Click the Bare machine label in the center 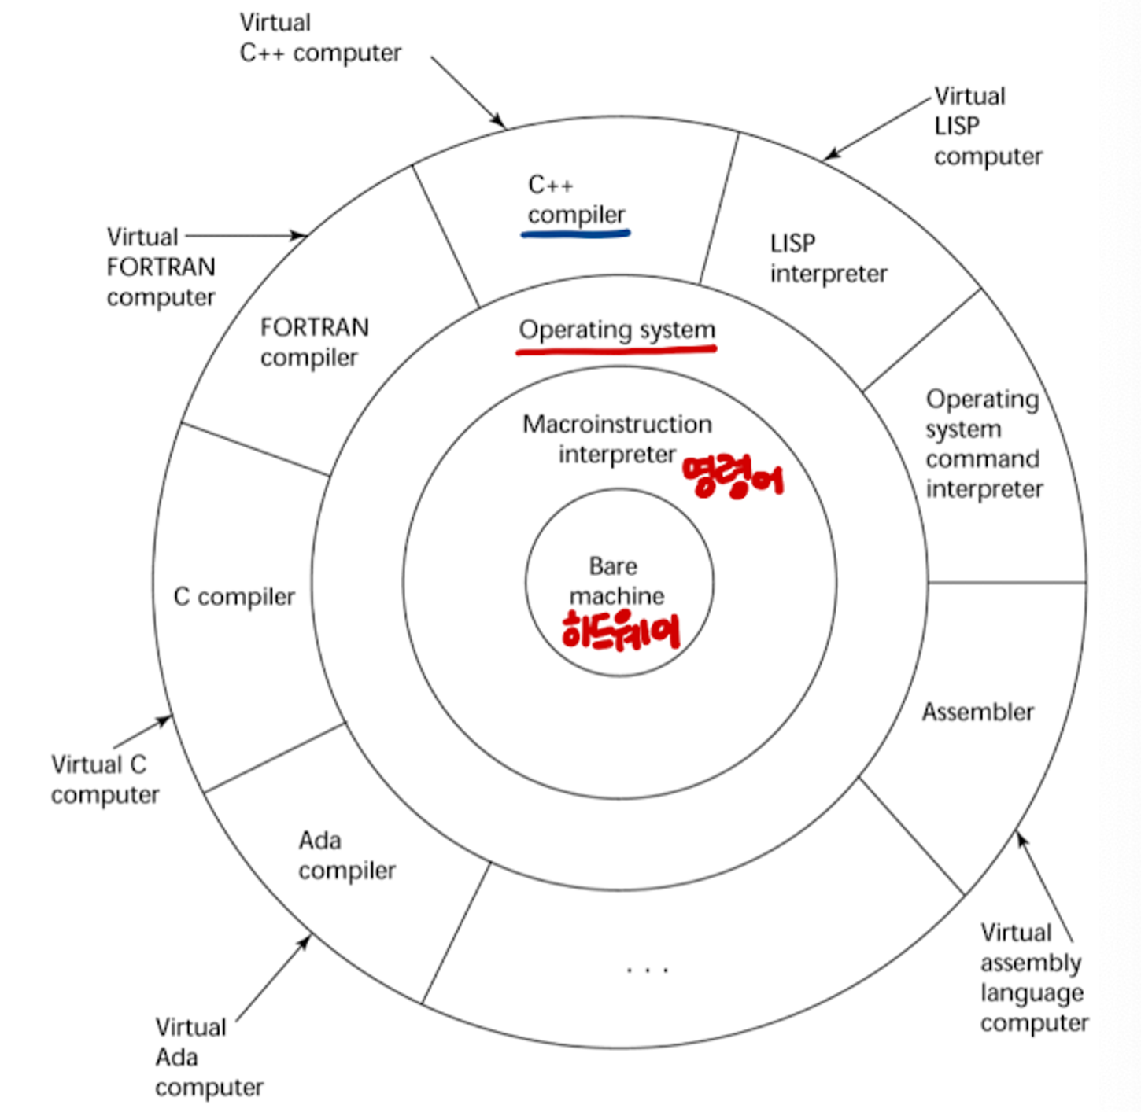click(x=616, y=580)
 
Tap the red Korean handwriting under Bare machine click(x=621, y=631)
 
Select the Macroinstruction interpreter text click(x=617, y=439)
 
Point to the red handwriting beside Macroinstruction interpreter click(x=733, y=477)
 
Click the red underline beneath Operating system click(x=616, y=348)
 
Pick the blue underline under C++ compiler click(x=575, y=233)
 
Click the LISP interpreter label click(x=828, y=258)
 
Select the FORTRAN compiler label click(x=314, y=341)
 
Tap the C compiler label click(x=234, y=597)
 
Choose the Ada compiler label click(x=346, y=855)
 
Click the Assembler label click(x=977, y=712)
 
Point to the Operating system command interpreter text click(x=984, y=444)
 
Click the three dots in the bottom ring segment click(x=648, y=970)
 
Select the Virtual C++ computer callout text click(x=319, y=38)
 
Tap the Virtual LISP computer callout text click(x=988, y=126)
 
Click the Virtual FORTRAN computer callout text click(x=161, y=267)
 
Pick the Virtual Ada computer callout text click(x=209, y=1057)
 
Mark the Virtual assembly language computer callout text click(x=1034, y=978)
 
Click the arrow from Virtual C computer click(x=142, y=731)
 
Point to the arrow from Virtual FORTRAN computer click(x=246, y=235)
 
